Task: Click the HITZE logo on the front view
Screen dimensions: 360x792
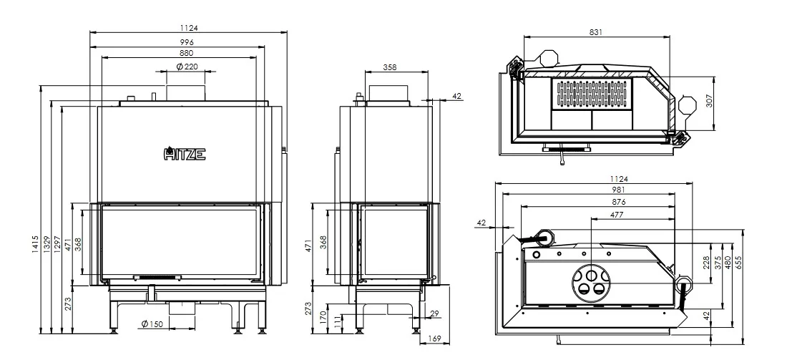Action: (185, 153)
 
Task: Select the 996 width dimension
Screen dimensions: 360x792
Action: (187, 42)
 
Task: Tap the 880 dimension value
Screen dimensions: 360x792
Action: (187, 53)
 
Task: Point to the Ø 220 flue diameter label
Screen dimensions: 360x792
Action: (187, 67)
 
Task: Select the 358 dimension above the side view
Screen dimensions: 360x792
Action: (389, 67)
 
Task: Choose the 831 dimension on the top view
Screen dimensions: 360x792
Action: (596, 32)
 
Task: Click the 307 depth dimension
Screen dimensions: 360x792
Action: (709, 102)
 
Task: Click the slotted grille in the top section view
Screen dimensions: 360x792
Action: (592, 94)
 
